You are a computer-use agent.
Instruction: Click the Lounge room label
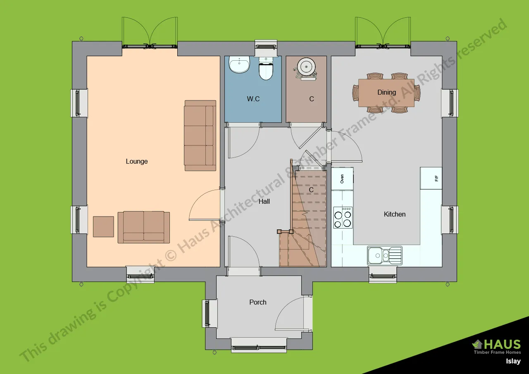[137, 162]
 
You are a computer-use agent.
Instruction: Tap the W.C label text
[253, 99]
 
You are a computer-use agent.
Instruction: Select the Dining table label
[386, 92]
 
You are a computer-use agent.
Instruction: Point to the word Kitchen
[395, 214]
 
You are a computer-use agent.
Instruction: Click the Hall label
[264, 201]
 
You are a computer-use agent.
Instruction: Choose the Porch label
[258, 302]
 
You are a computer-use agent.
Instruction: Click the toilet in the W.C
[266, 69]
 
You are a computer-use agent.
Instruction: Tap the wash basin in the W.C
[239, 64]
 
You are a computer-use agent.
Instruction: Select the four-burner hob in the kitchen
[343, 217]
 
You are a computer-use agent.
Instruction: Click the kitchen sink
[385, 256]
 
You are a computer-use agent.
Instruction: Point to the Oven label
[342, 179]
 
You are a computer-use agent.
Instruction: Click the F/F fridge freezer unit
[431, 178]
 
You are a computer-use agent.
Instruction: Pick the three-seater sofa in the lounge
[200, 136]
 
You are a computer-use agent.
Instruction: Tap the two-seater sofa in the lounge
[143, 227]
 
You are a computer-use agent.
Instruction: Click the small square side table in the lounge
[103, 226]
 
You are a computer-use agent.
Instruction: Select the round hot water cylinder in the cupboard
[306, 67]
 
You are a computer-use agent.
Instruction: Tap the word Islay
[513, 361]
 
